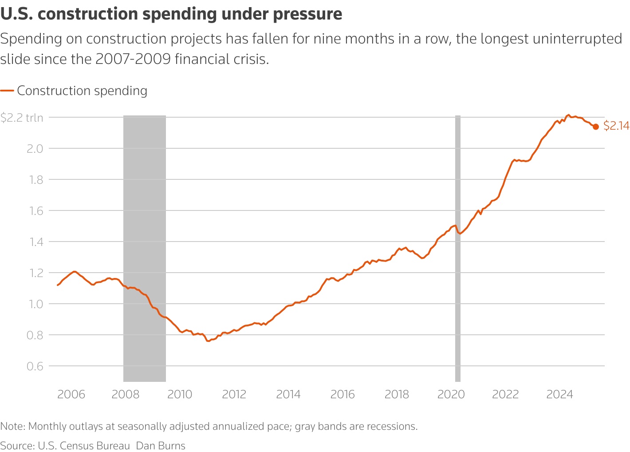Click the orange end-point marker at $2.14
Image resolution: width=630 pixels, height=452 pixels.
(596, 127)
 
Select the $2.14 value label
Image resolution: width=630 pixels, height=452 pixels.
(616, 126)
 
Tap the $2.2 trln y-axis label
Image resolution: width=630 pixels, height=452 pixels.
(22, 118)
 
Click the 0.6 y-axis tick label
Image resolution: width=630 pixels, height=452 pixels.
(35, 366)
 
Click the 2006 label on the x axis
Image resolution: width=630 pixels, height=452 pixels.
(71, 394)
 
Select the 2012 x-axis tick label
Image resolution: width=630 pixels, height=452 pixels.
(234, 394)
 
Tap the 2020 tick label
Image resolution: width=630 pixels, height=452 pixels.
(451, 394)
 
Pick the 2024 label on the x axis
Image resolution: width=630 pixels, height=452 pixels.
(559, 394)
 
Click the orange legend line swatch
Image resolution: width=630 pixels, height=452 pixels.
(7, 91)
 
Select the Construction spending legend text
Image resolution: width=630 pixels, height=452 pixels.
(82, 91)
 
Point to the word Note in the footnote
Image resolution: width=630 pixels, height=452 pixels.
(12, 427)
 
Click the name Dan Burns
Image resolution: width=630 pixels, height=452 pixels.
(161, 446)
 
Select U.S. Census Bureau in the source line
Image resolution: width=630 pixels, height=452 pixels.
(84, 446)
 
